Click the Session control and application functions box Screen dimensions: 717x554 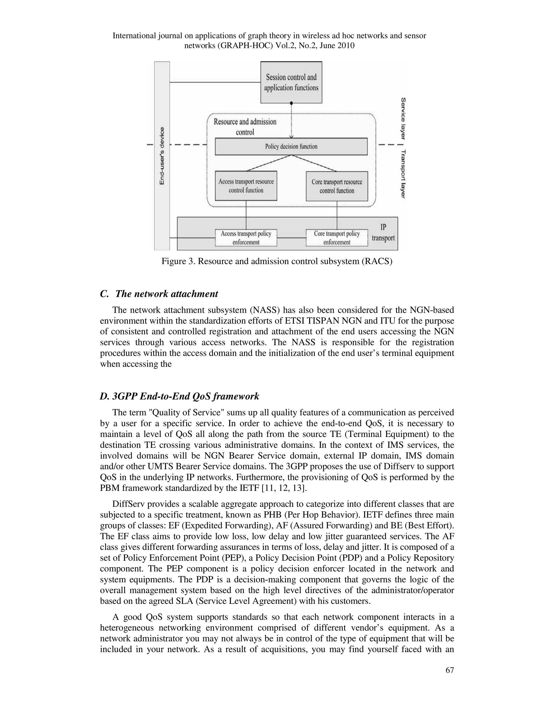pyautogui.click(x=291, y=83)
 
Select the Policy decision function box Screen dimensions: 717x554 pyautogui.click(x=291, y=146)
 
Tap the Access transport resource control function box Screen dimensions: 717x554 pyautogui.click(x=246, y=186)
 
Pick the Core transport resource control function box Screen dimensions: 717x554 pyautogui.click(x=337, y=186)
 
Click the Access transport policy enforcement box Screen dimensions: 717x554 pyautogui.click(x=246, y=238)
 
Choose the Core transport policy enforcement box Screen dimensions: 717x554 pyautogui.click(x=337, y=238)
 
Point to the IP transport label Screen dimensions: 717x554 pyautogui.click(x=383, y=232)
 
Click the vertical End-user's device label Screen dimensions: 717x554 pyautogui.click(x=162, y=156)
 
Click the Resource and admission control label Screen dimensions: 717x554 pyautogui.click(x=245, y=127)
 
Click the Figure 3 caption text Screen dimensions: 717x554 pyautogui.click(x=277, y=261)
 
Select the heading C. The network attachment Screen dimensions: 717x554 pyautogui.click(x=159, y=294)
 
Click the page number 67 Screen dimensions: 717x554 pyautogui.click(x=449, y=670)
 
